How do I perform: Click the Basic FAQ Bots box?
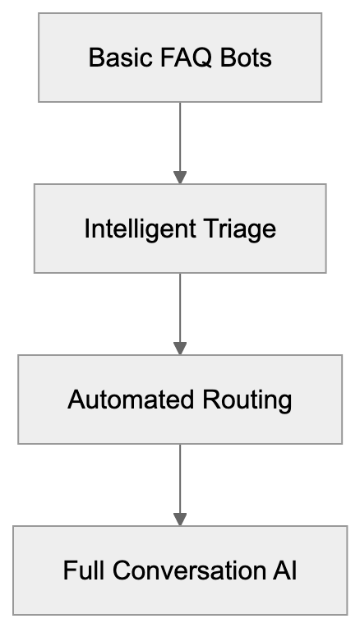[x=180, y=58]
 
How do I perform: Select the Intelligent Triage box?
[x=180, y=229]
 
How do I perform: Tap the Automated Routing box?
[x=180, y=399]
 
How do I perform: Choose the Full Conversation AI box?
[x=180, y=570]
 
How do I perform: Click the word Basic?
[x=114, y=58]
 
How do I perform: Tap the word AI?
[x=285, y=571]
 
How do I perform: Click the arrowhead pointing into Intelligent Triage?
[x=180, y=178]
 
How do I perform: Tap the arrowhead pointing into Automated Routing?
[x=180, y=349]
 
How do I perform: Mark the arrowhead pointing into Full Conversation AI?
[x=180, y=519]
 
